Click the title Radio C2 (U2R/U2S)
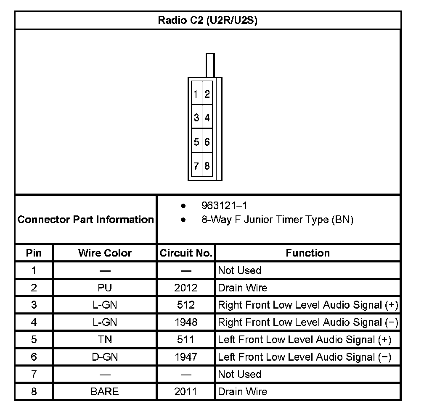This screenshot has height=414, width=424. (207, 20)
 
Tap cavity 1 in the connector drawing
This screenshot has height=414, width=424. (196, 94)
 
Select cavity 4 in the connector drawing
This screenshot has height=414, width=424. (207, 118)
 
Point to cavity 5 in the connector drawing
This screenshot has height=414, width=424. (196, 142)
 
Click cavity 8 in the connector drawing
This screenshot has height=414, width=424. (207, 166)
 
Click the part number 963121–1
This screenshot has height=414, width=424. (224, 205)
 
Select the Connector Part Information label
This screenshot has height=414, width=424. (86, 219)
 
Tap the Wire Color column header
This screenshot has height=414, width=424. (105, 253)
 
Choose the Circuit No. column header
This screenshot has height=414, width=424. (185, 253)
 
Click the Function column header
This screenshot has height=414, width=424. (307, 253)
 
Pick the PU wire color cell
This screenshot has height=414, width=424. (105, 288)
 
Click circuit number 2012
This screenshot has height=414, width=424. (185, 288)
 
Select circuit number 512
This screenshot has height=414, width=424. (185, 305)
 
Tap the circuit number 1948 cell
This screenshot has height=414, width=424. (185, 322)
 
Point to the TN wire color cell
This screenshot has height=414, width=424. (105, 339)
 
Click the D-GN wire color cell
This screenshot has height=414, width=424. (105, 357)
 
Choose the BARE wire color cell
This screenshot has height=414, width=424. (105, 391)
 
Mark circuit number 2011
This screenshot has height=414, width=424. (185, 391)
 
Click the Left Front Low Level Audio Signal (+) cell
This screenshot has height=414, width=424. (305, 339)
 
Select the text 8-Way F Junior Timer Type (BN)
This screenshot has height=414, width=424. (277, 219)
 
